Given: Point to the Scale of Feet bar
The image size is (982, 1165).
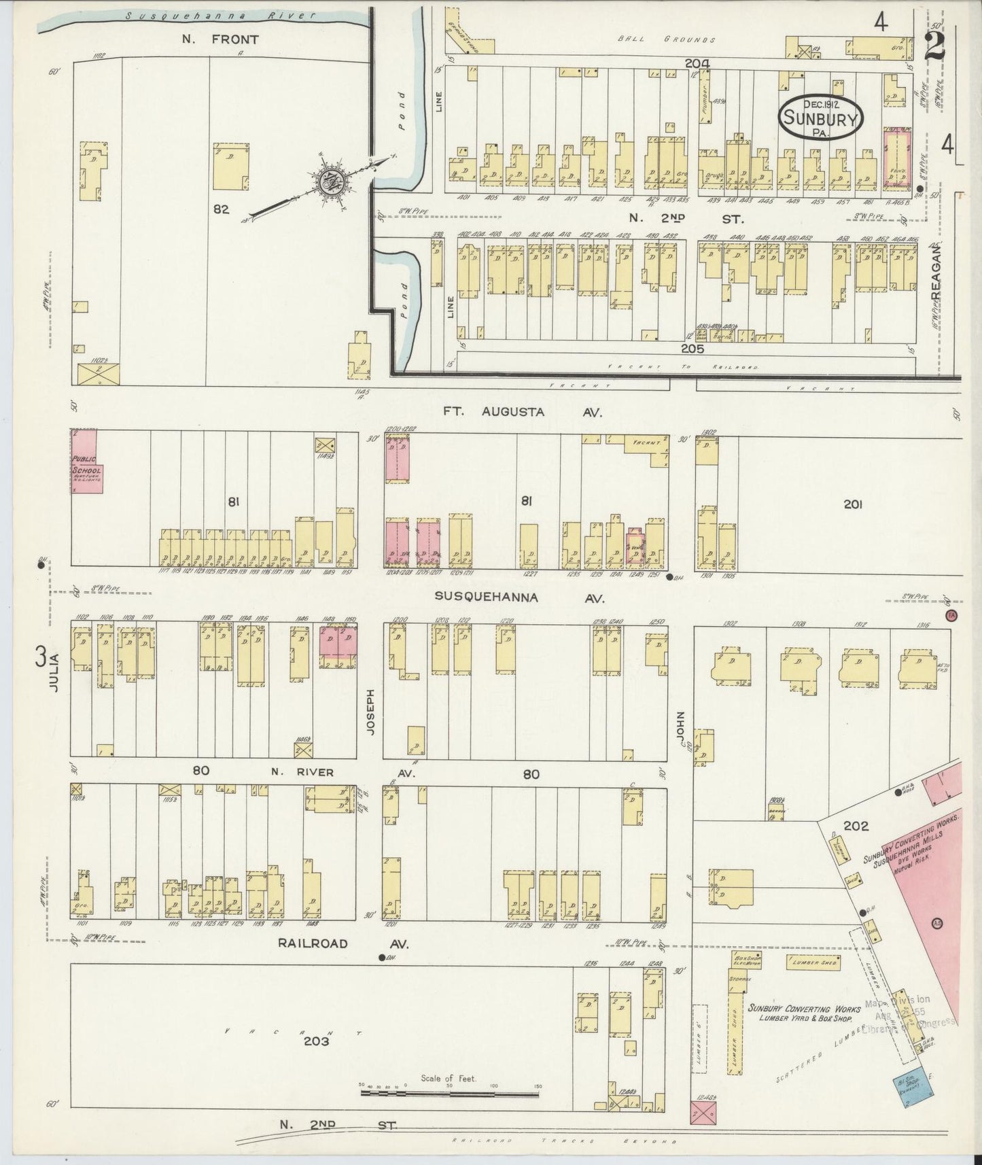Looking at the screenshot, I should [x=449, y=1092].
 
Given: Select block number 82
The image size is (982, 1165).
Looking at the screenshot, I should [x=221, y=209].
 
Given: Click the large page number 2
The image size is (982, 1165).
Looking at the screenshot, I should [x=936, y=46].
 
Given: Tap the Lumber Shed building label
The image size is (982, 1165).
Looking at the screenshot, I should [x=813, y=962].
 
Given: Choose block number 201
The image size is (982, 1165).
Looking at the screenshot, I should [x=854, y=504].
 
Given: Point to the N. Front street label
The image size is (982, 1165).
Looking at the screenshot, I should [x=220, y=39].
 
